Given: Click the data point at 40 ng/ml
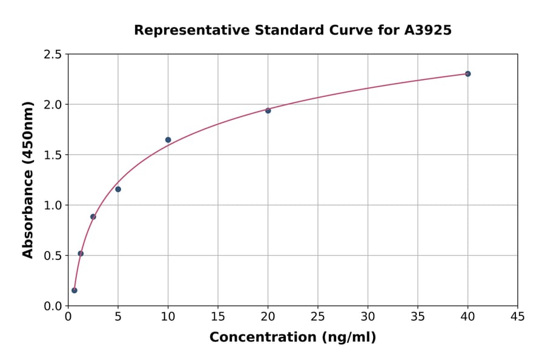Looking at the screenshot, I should coord(467,74).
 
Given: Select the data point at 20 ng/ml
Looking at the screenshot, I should coord(268,110).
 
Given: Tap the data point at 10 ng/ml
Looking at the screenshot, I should coord(168,140).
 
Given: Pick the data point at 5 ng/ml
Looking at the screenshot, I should coord(118,189).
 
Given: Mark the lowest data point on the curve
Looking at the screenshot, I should coord(74,290).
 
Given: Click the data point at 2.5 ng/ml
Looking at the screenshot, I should coord(93,216).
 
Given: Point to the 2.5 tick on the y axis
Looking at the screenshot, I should coord(53,55).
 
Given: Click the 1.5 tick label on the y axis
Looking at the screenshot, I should coord(53,155).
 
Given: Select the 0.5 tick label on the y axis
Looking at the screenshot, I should coord(53,256).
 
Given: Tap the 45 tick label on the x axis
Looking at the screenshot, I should coord(518,316).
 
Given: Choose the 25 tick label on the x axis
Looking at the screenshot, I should coord(318,316).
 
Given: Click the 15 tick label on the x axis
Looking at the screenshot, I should coord(218,316).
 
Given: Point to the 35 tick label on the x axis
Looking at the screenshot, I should coord(418,316).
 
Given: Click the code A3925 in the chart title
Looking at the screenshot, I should coord(428,30).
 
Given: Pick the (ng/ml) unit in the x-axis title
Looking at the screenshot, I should coord(349,338).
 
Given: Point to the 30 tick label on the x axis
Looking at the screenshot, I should coord(368,316).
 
